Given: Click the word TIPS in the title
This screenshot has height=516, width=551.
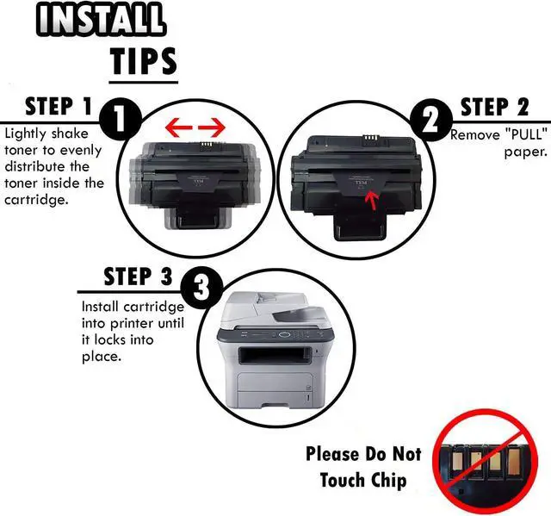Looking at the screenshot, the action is (143, 61).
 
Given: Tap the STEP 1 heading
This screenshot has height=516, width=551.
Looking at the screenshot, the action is (59, 107).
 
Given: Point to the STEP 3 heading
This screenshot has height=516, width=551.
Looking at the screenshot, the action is (138, 277).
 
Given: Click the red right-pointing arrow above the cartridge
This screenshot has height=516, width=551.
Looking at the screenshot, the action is (212, 129).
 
